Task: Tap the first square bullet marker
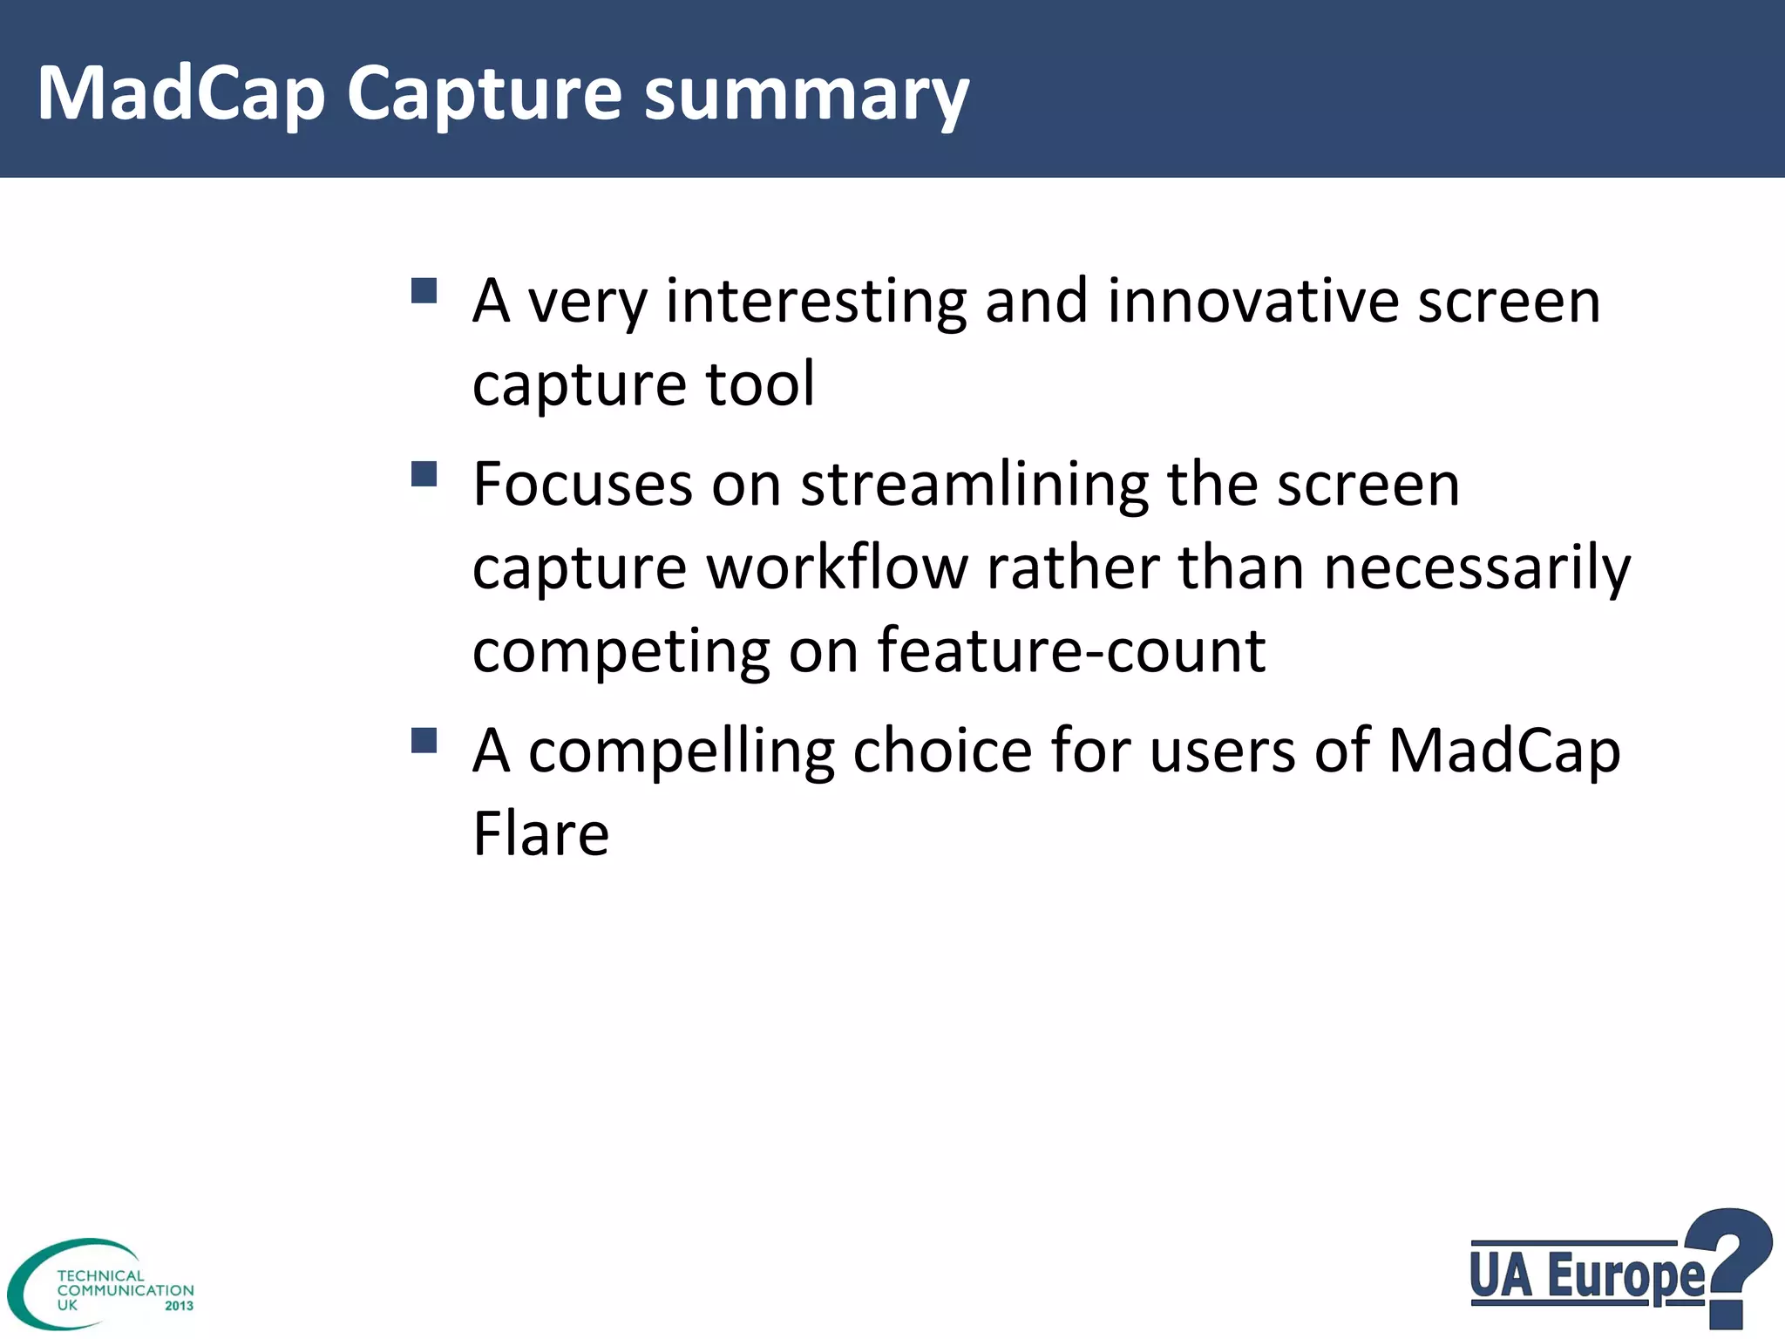[x=424, y=290]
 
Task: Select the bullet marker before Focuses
[x=424, y=474]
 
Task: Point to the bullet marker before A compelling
[x=424, y=740]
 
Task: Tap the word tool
[x=760, y=384]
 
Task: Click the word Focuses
[x=582, y=485]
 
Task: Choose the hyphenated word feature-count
[x=1070, y=650]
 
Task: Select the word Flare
[x=540, y=834]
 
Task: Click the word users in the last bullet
[x=1222, y=751]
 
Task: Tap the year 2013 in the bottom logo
[x=179, y=1306]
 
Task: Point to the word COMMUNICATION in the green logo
[x=126, y=1290]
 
